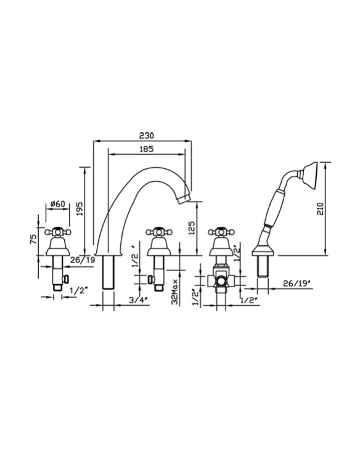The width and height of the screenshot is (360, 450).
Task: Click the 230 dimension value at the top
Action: click(146, 135)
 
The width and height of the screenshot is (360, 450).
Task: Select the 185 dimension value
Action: click(146, 149)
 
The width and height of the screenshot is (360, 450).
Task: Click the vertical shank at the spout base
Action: click(110, 273)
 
